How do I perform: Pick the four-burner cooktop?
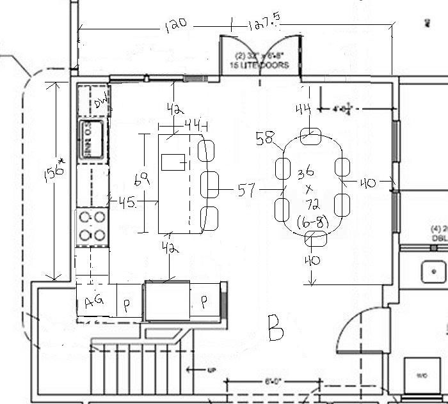tap(92, 226)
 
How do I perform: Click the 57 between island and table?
tap(247, 190)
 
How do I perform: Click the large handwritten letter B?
tap(276, 328)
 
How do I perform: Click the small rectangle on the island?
tap(173, 162)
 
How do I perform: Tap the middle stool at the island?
tap(210, 184)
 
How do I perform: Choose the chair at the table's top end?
tap(312, 135)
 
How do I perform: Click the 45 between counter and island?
tap(125, 202)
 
